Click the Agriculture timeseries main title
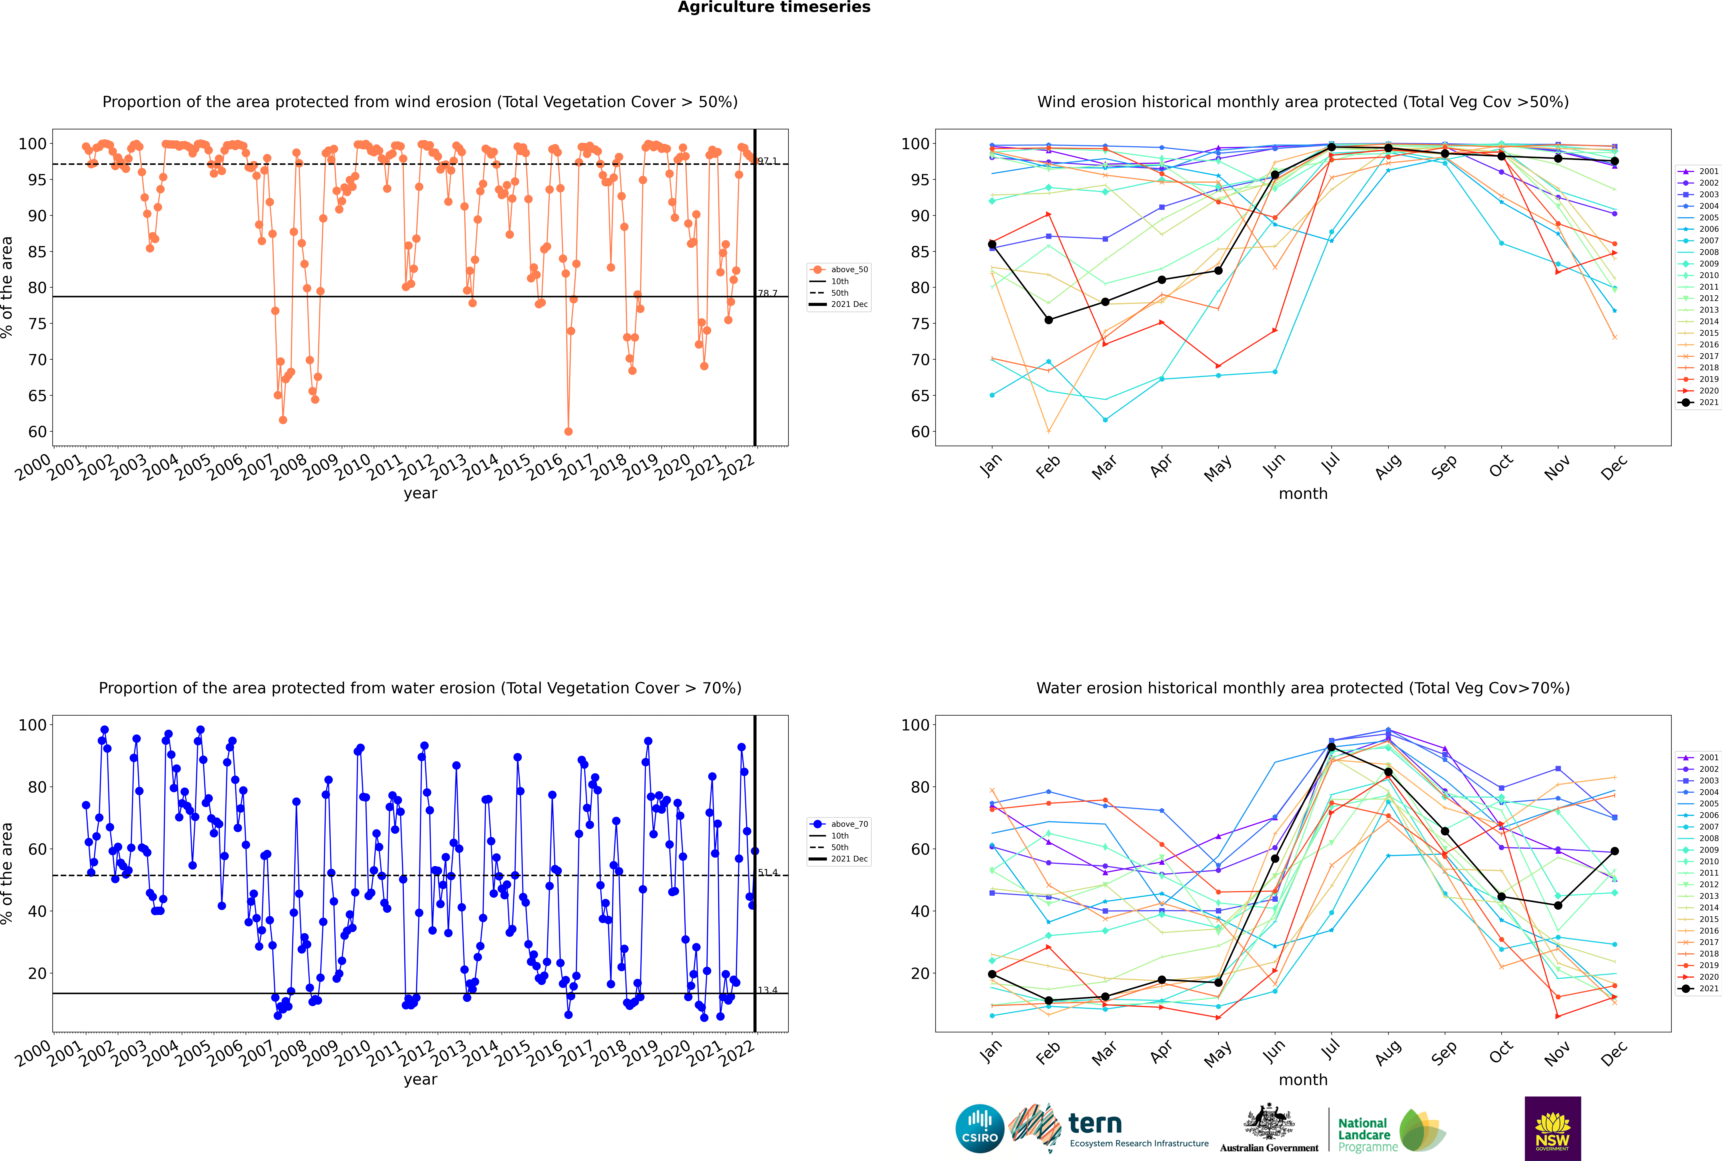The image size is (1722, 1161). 774,7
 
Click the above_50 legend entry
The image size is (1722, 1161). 839,270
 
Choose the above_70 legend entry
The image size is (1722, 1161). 839,824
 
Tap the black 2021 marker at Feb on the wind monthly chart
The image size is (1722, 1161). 1048,320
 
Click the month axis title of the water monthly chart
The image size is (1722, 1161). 1303,1080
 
